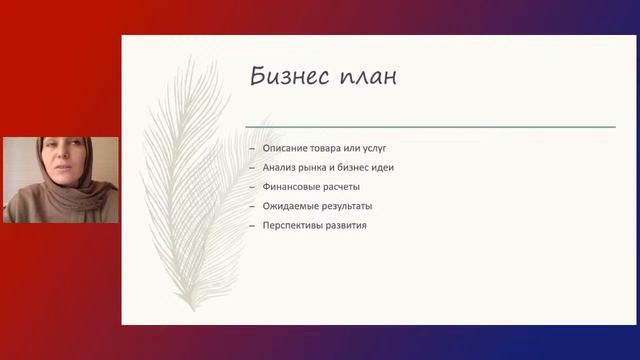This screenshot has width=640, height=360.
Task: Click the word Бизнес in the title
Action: [x=291, y=77]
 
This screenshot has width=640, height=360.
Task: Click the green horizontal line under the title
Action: [x=430, y=127]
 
